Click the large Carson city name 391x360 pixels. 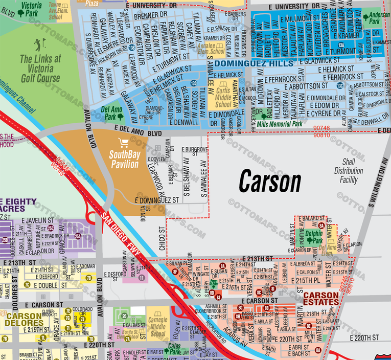pyautogui.click(x=270, y=182)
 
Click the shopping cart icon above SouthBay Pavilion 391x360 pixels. pyautogui.click(x=123, y=142)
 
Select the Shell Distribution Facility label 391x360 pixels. pyautogui.click(x=346, y=171)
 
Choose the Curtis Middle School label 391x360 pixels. pyautogui.click(x=223, y=93)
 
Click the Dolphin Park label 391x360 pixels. pyautogui.click(x=317, y=237)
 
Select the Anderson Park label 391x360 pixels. pyautogui.click(x=379, y=19)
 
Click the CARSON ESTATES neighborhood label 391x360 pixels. pyautogui.click(x=321, y=299)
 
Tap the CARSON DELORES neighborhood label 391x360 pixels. pyautogui.click(x=24, y=320)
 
